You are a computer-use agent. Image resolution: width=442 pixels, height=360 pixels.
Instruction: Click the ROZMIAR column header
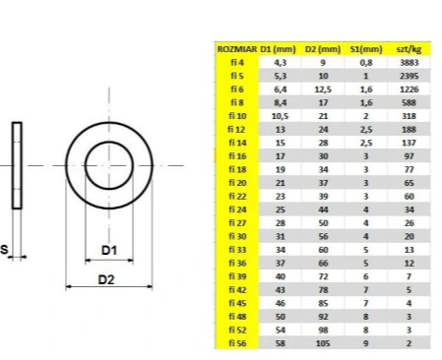pyautogui.click(x=236, y=49)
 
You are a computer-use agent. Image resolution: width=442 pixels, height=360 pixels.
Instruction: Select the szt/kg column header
pyautogui.click(x=409, y=49)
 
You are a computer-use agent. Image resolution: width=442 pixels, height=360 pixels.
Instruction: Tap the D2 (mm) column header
pyautogui.click(x=323, y=49)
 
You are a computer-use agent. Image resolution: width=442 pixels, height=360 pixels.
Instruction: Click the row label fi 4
pyautogui.click(x=237, y=62)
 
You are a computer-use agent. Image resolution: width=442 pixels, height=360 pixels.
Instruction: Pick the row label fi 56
pyautogui.click(x=237, y=343)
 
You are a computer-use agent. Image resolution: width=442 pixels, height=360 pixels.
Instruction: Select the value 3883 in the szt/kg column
pyautogui.click(x=409, y=62)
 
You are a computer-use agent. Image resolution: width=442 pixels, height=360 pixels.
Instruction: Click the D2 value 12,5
pyautogui.click(x=323, y=90)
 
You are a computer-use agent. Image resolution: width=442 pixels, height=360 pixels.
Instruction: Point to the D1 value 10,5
pyautogui.click(x=280, y=116)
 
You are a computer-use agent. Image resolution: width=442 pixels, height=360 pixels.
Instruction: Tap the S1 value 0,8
pyautogui.click(x=366, y=62)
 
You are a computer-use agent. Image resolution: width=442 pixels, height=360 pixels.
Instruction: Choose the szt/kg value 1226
pyautogui.click(x=409, y=90)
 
